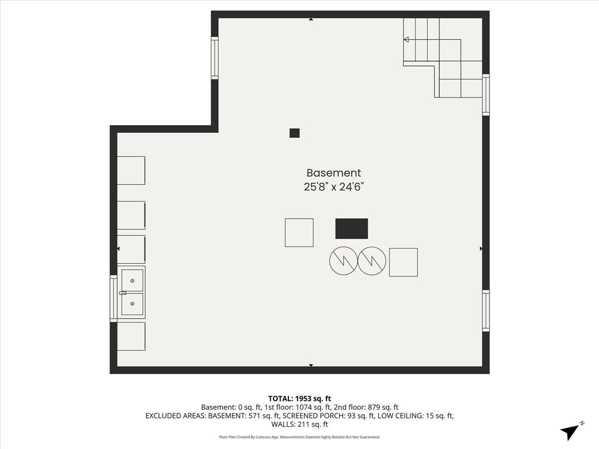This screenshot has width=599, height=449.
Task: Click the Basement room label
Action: [333, 173]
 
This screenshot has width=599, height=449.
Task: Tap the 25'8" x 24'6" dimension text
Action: [333, 187]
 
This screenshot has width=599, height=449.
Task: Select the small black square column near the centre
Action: [294, 133]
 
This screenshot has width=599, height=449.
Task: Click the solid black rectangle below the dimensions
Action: [352, 229]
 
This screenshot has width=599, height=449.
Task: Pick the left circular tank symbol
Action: [343, 261]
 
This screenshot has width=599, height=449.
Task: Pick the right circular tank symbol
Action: [372, 261]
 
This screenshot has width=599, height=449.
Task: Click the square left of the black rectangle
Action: [299, 232]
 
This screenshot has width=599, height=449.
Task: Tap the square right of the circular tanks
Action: [403, 262]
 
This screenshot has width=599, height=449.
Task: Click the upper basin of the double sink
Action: [132, 281]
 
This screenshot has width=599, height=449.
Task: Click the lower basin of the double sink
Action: [132, 303]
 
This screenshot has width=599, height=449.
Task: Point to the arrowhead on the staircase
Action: [406, 40]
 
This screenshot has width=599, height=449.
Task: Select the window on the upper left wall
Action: [215, 58]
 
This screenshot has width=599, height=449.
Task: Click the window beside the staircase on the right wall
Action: [486, 95]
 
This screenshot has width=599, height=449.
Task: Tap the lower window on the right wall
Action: [486, 310]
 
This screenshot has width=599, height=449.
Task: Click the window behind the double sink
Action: [113, 298]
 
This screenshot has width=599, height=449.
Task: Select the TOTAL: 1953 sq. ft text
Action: [299, 399]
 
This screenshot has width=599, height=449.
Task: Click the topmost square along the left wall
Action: [131, 170]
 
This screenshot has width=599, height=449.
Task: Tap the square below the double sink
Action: [131, 336]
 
